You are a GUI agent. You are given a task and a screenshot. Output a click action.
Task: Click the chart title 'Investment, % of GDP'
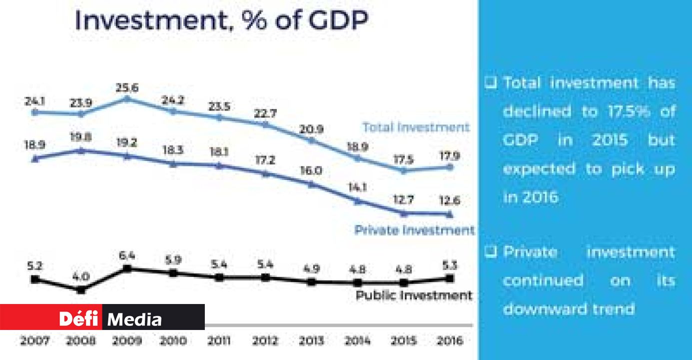[x=221, y=20]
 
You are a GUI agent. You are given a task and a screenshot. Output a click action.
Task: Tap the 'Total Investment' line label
[x=416, y=127]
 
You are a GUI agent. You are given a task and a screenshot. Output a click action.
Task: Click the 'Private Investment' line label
[x=414, y=230]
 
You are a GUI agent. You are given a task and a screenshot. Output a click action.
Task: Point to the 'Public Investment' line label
[x=414, y=295]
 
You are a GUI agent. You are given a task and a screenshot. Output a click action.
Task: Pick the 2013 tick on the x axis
[x=312, y=341]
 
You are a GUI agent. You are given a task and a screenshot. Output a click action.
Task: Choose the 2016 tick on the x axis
[x=449, y=341]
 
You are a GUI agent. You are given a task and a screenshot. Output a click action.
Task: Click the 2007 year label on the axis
[x=35, y=341]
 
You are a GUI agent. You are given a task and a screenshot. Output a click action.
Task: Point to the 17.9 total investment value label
[x=449, y=155]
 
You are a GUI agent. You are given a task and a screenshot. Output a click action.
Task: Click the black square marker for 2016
[x=449, y=278]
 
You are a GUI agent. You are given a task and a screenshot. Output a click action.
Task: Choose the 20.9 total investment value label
[x=312, y=129]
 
